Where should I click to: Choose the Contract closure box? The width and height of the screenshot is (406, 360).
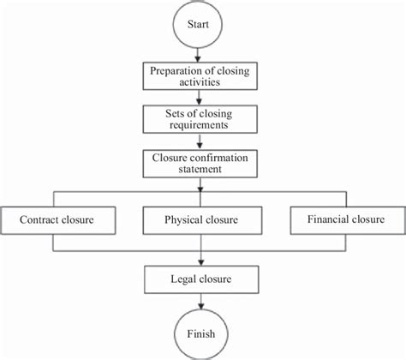[x=57, y=220]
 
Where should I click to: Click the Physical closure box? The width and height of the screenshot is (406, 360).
[x=201, y=220]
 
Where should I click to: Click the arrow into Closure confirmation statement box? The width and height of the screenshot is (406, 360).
[x=201, y=142]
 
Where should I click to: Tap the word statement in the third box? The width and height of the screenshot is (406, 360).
[x=201, y=170]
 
